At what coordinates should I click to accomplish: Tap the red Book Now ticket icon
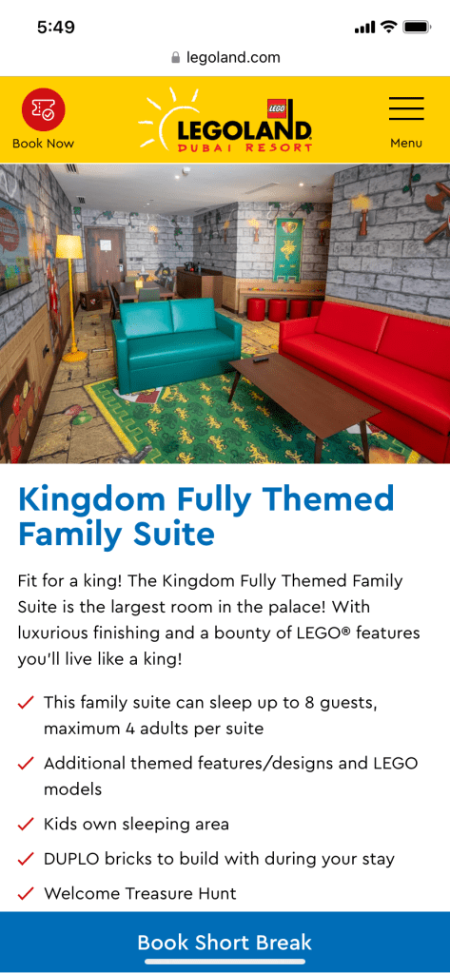pyautogui.click(x=44, y=109)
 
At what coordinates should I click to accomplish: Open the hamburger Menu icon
pyautogui.click(x=406, y=108)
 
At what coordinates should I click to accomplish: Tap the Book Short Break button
pyautogui.click(x=225, y=943)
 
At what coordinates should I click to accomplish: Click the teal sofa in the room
pyautogui.click(x=176, y=344)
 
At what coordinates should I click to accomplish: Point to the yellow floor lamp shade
pyautogui.click(x=68, y=246)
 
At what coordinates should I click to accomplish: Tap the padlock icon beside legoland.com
pyautogui.click(x=175, y=58)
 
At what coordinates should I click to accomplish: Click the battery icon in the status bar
pyautogui.click(x=417, y=28)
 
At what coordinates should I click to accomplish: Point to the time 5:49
pyautogui.click(x=56, y=28)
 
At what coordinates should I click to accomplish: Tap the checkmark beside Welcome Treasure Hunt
pyautogui.click(x=26, y=894)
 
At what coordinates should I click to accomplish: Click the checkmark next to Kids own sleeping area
pyautogui.click(x=26, y=825)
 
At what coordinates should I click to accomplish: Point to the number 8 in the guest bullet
pyautogui.click(x=309, y=704)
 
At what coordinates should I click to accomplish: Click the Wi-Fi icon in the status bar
pyautogui.click(x=388, y=27)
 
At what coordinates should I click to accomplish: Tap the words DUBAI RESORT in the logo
pyautogui.click(x=245, y=147)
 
